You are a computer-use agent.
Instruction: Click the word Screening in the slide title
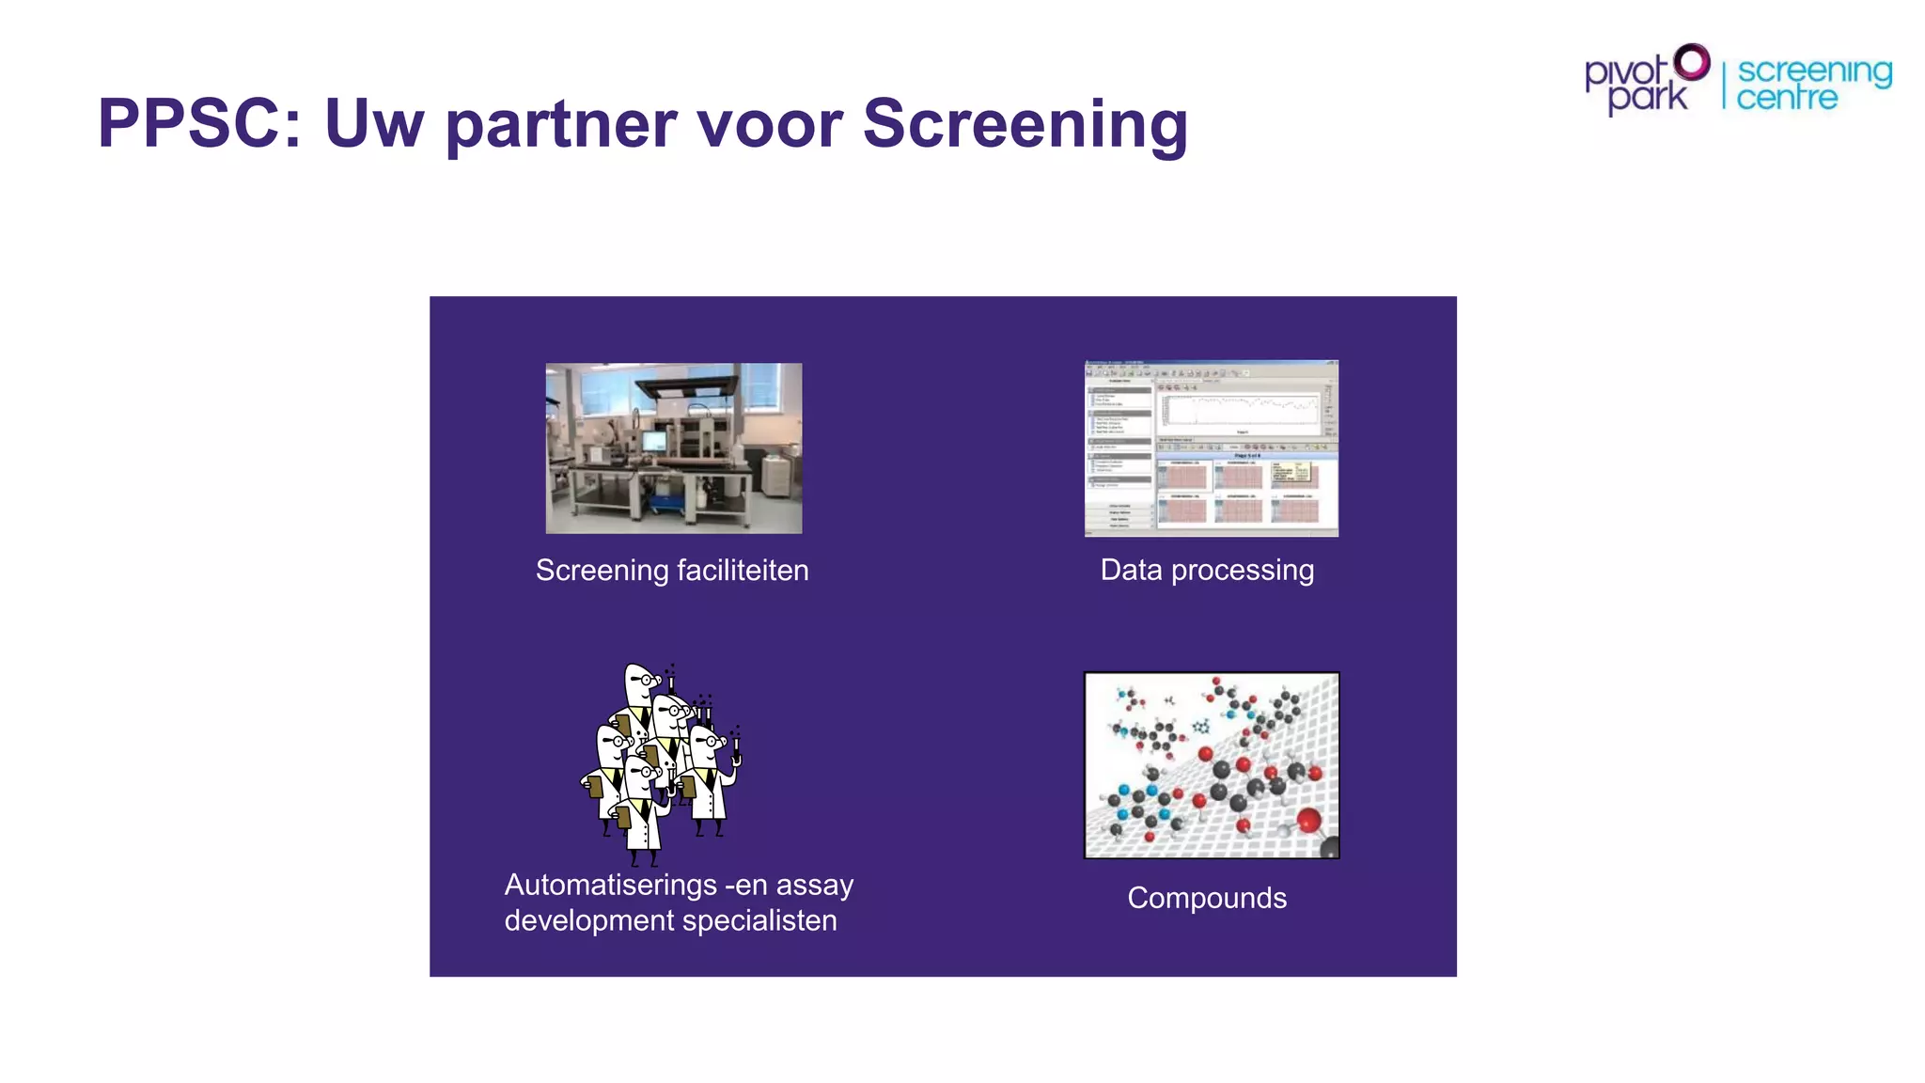pyautogui.click(x=1025, y=125)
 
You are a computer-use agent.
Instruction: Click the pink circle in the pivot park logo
pyautogui.click(x=1692, y=63)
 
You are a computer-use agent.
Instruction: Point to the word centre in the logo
pyautogui.click(x=1786, y=97)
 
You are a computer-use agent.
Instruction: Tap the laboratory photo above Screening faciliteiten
pyautogui.click(x=674, y=448)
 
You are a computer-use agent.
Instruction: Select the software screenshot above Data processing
pyautogui.click(x=1212, y=448)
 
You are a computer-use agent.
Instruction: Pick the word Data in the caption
pyautogui.click(x=1131, y=570)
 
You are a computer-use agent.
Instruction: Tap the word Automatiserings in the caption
pyautogui.click(x=611, y=886)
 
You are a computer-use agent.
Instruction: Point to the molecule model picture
pyautogui.click(x=1212, y=765)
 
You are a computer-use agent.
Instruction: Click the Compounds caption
pyautogui.click(x=1207, y=898)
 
